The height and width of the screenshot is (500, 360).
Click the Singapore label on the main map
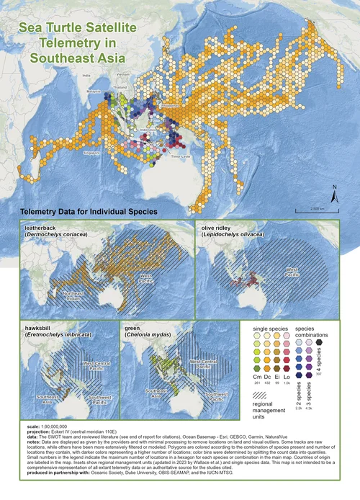click(91, 153)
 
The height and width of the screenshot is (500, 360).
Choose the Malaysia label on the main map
click(94, 92)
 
